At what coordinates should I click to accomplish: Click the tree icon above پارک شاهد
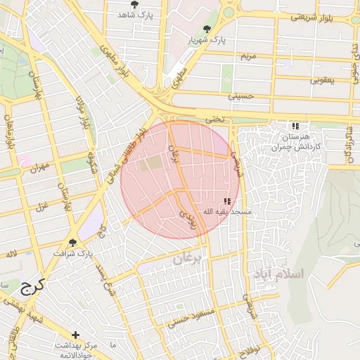(134, 5)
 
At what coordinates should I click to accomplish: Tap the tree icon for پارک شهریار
(207, 29)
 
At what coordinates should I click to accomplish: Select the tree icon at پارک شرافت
(72, 243)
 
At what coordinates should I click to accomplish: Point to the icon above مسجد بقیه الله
(227, 201)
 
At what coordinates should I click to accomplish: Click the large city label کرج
(32, 285)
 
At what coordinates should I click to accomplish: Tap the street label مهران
(39, 168)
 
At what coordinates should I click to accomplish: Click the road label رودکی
(188, 221)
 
